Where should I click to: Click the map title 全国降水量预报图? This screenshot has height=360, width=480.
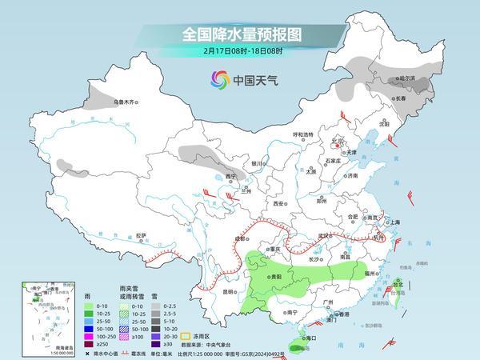(239, 35)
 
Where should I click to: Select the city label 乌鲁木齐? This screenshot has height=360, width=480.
(126, 102)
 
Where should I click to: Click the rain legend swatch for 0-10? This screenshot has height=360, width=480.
(80, 305)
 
